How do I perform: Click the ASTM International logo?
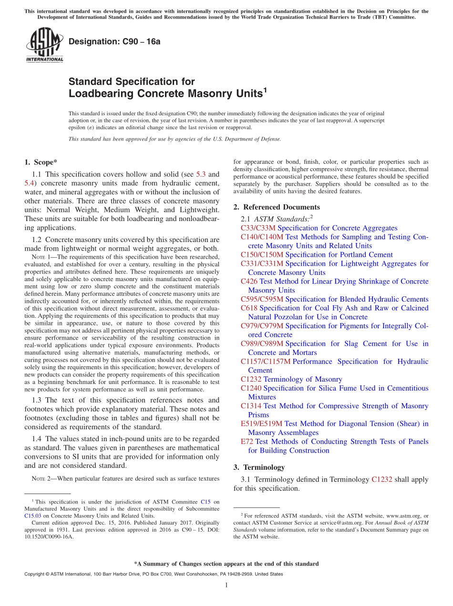[x=44, y=45]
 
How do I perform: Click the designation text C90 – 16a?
[x=114, y=41]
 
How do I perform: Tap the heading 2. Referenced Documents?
[x=277, y=207]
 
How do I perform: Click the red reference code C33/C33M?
[x=258, y=228]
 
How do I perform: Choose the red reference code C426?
[x=249, y=281]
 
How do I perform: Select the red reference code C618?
[x=249, y=308]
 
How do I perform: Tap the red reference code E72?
[x=247, y=442]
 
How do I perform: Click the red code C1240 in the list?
[x=251, y=388]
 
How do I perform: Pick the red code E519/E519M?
[x=261, y=424]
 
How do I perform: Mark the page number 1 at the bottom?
[x=226, y=586]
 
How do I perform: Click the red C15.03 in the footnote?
[x=32, y=515]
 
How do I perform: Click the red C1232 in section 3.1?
[x=381, y=479]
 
